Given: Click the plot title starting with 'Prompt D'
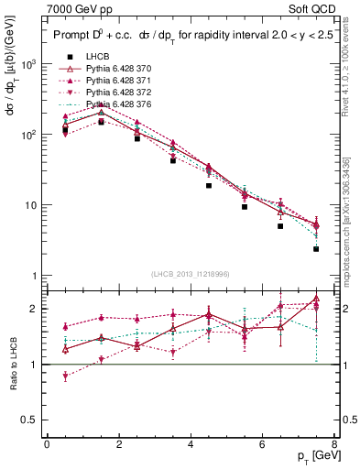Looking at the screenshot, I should [x=183, y=37].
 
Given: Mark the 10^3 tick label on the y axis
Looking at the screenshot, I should [x=27, y=64].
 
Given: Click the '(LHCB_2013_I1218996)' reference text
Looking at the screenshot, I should [x=191, y=275].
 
